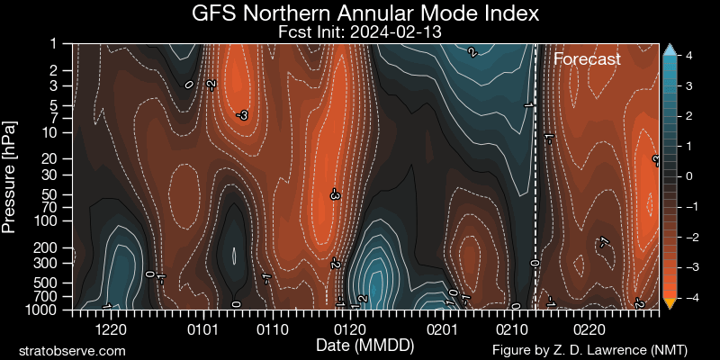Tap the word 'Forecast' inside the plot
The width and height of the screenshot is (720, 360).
pos(587,59)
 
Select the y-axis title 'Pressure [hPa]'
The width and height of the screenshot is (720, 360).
pos(10,175)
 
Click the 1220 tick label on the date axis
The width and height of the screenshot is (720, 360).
pos(121,329)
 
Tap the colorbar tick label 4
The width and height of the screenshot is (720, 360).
pos(688,56)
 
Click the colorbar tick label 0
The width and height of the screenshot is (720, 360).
pos(688,176)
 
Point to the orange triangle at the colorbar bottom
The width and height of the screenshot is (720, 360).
pos(669,303)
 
